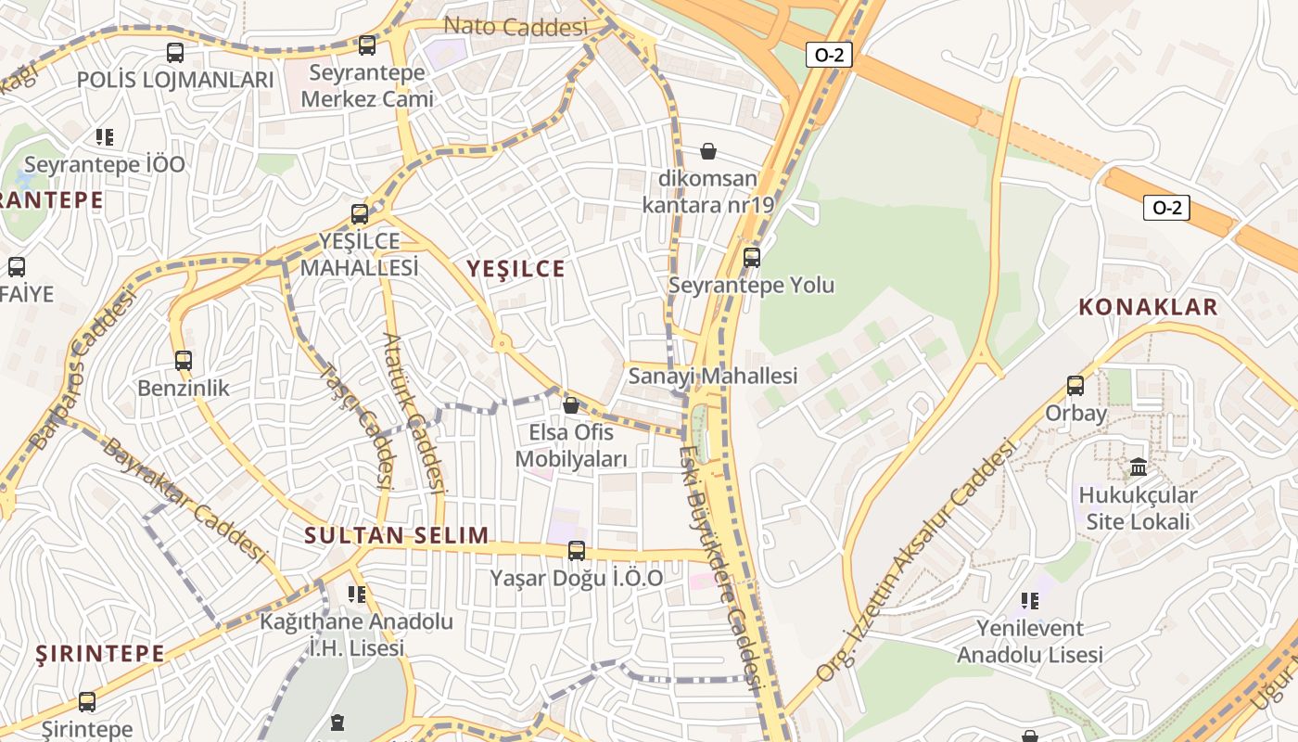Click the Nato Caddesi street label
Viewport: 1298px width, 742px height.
[x=515, y=27]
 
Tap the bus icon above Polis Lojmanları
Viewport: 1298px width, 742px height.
[x=175, y=53]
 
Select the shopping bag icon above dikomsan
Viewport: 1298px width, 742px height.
[x=708, y=150]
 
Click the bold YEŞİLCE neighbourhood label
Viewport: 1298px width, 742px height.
[x=515, y=269]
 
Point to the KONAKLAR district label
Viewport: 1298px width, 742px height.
[x=1148, y=308]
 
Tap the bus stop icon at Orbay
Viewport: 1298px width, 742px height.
[x=1075, y=385]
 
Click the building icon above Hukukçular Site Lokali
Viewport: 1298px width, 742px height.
[x=1139, y=467]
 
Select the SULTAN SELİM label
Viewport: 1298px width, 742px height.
[x=397, y=535]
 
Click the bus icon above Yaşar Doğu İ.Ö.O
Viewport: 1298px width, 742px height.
[x=577, y=551]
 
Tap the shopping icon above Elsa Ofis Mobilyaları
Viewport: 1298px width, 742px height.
[x=571, y=405]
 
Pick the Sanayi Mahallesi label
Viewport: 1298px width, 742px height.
[x=713, y=376]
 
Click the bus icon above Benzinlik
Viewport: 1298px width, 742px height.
[x=184, y=360]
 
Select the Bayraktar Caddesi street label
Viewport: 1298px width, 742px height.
[x=185, y=500]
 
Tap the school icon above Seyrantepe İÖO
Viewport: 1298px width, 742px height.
[x=105, y=137]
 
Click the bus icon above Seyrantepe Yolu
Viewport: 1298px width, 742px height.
[x=752, y=257]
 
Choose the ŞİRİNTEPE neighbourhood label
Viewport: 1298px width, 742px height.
[x=100, y=654]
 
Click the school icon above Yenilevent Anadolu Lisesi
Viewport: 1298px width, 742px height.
[x=1029, y=601]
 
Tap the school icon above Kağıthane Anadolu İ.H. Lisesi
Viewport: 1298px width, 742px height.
[x=357, y=594]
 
